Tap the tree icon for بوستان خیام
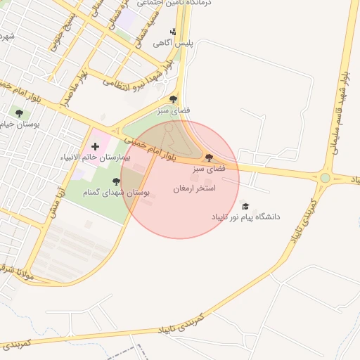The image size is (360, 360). click(19, 112)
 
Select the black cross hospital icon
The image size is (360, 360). click(96, 146)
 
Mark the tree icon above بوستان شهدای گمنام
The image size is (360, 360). click(116, 181)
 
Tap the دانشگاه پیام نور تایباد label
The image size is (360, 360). click(246, 217)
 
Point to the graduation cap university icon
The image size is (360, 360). click(245, 206)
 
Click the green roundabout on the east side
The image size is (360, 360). click(325, 178)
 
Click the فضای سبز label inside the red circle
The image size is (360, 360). click(209, 169)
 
